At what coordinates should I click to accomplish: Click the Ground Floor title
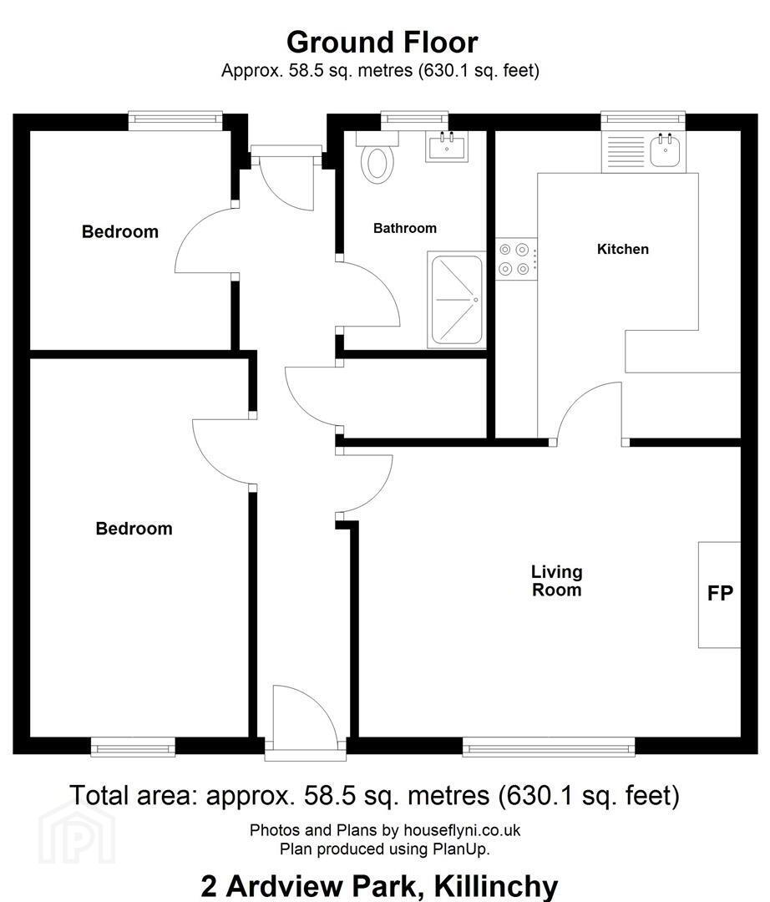point(382,43)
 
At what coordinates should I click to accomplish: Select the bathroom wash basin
point(448,146)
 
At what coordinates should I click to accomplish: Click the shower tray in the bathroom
point(457,300)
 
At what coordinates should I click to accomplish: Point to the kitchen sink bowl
point(666,151)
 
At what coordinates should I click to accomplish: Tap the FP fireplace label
point(720,593)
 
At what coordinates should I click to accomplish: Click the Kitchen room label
point(623,249)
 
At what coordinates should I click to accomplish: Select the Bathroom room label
point(405,228)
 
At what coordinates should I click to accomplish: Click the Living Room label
point(557,580)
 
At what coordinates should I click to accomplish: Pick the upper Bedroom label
point(120,232)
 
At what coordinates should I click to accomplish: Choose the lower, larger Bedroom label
point(134,529)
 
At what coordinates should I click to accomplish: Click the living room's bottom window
point(549,747)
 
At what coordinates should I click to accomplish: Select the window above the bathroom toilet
point(414,120)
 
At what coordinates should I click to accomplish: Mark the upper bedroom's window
point(175,120)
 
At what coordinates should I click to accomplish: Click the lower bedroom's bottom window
point(134,747)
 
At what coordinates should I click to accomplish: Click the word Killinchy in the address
point(496,886)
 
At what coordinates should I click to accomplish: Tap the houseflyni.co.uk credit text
point(462,830)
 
